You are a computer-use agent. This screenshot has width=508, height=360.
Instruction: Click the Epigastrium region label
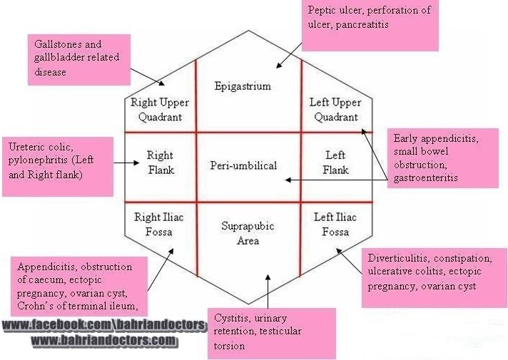(x=243, y=86)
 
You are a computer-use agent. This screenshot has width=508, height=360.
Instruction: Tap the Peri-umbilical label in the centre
(x=243, y=166)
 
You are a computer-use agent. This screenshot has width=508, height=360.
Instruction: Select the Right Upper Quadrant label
(x=160, y=110)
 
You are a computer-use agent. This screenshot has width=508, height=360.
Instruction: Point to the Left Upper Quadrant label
(x=335, y=110)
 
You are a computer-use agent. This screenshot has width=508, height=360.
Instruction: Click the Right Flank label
(x=160, y=163)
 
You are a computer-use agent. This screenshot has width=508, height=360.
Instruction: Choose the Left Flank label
(x=335, y=163)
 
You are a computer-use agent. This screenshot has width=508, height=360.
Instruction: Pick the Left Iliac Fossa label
(x=335, y=224)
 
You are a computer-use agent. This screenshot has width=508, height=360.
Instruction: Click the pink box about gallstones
(x=78, y=58)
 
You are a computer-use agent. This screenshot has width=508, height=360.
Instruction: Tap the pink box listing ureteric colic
(x=58, y=166)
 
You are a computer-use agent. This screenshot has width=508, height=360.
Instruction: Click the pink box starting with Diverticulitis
(x=433, y=278)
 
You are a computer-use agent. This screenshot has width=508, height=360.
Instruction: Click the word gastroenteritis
(x=425, y=178)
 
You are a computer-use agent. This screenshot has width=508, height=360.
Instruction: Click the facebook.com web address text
(x=104, y=326)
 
